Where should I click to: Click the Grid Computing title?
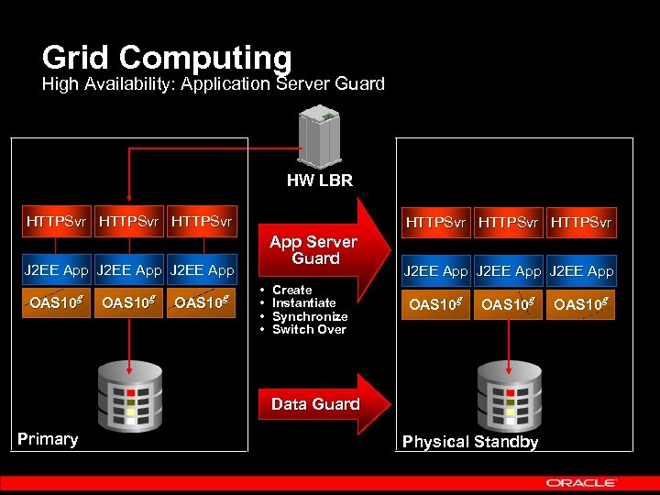[x=166, y=58]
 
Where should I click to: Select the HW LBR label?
[x=319, y=181]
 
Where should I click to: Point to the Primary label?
[x=48, y=439]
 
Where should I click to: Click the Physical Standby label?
[x=470, y=442]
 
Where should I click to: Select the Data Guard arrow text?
[x=315, y=404]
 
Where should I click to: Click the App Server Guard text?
[x=314, y=250]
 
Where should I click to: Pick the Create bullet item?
[x=291, y=290]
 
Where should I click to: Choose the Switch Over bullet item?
[x=309, y=329]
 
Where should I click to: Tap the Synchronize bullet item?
[x=310, y=316]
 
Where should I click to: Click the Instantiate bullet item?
[x=304, y=302]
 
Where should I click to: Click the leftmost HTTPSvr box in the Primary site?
[x=57, y=221]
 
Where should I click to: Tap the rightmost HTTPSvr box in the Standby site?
[x=579, y=221]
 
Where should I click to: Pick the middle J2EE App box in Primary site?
[x=128, y=270]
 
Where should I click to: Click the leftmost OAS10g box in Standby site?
[x=435, y=304]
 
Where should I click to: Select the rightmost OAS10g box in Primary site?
[x=201, y=302]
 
